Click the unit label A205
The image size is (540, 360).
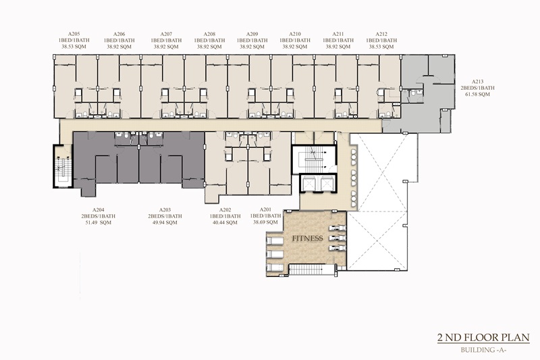[74, 34]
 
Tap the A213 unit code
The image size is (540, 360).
[477, 82]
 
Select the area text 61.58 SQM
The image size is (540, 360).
[477, 95]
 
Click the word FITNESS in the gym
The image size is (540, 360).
[308, 238]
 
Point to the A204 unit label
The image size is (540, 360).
[98, 210]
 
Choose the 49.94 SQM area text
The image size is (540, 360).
[165, 222]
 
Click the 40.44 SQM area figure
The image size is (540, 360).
[225, 222]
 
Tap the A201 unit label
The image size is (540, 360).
[265, 209]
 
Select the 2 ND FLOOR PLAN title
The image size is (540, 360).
[483, 337]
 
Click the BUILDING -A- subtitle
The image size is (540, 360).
[483, 350]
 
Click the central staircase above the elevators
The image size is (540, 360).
[314, 160]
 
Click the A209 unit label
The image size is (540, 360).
[252, 34]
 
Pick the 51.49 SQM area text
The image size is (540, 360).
[98, 222]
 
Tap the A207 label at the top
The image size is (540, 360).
[166, 34]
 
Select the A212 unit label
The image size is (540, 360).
[381, 34]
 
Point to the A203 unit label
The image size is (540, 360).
[165, 210]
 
